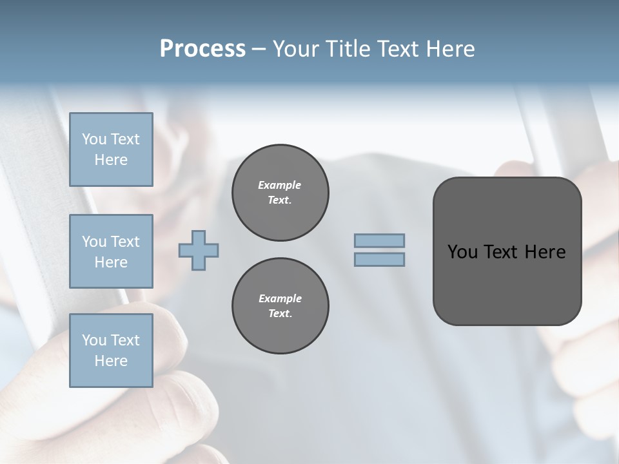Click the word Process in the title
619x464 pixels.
tap(202, 49)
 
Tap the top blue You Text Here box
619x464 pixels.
tap(111, 150)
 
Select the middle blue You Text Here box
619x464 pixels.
tap(111, 251)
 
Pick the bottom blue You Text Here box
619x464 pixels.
tap(111, 350)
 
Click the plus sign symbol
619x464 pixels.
tap(199, 251)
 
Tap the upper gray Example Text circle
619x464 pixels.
tap(280, 192)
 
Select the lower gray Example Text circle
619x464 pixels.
tap(280, 305)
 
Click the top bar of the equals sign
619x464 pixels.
tap(379, 241)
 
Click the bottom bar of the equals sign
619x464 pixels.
tap(379, 259)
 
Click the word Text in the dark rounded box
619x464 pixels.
tap(500, 252)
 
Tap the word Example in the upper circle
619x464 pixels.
tap(280, 185)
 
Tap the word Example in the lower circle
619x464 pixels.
tap(280, 298)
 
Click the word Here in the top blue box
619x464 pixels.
tap(111, 160)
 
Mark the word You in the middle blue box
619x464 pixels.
tap(94, 242)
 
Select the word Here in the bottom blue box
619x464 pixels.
tap(111, 361)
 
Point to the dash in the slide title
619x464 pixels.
tap(259, 49)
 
